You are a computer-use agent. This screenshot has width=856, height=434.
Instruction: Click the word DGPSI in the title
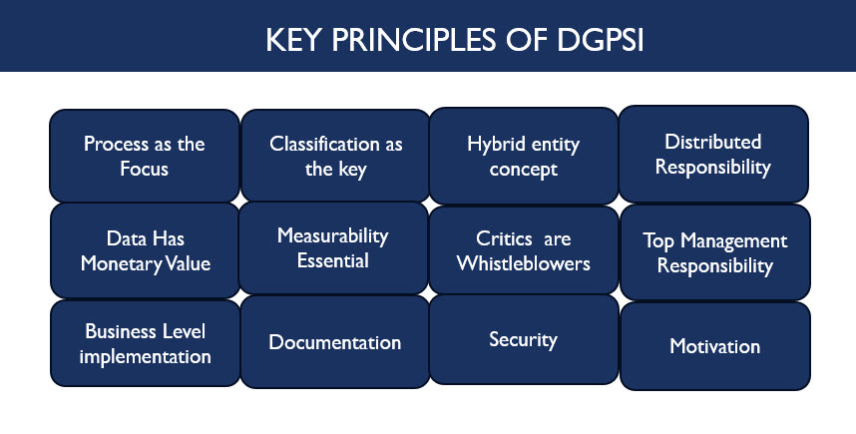pyautogui.click(x=600, y=40)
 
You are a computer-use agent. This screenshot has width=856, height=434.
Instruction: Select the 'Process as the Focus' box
pyautogui.click(x=145, y=156)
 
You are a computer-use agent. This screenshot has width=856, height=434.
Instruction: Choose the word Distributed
pyautogui.click(x=712, y=142)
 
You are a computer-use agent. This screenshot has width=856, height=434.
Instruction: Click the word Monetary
pyautogui.click(x=121, y=264)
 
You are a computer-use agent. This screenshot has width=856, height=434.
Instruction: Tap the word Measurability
pyautogui.click(x=332, y=235)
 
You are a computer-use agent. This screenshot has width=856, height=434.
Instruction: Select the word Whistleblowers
pyautogui.click(x=523, y=263)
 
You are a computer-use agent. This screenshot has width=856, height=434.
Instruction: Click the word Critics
pyautogui.click(x=504, y=238)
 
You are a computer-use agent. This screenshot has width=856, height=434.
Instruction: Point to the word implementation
pyautogui.click(x=146, y=356)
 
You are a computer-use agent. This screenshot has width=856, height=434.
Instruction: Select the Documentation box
pyautogui.click(x=334, y=342)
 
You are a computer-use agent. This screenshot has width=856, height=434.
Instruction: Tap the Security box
pyautogui.click(x=524, y=339)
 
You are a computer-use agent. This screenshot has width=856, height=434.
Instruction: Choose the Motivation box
pyautogui.click(x=714, y=346)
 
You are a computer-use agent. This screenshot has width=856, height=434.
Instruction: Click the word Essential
pyautogui.click(x=333, y=260)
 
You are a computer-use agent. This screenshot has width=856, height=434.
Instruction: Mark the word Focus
pyautogui.click(x=144, y=169)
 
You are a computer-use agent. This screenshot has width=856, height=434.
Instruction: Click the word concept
pyautogui.click(x=523, y=170)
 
